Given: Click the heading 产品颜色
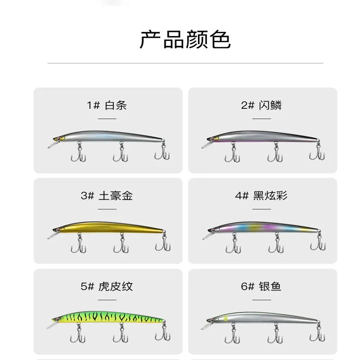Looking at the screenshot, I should pyautogui.click(x=185, y=40).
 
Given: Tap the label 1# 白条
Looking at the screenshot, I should pyautogui.click(x=107, y=106).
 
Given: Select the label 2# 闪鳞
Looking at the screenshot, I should pyautogui.click(x=261, y=106).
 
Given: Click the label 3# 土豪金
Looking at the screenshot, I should pyautogui.click(x=107, y=196).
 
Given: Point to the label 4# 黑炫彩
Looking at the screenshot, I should pyautogui.click(x=261, y=196).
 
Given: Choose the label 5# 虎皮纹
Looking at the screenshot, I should pyautogui.click(x=107, y=286).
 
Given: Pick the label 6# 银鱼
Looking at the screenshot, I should pyautogui.click(x=261, y=286).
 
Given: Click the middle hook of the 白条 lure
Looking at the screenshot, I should pyautogui.click(x=120, y=153).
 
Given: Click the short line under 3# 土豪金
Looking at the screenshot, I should pyautogui.click(x=107, y=209).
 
